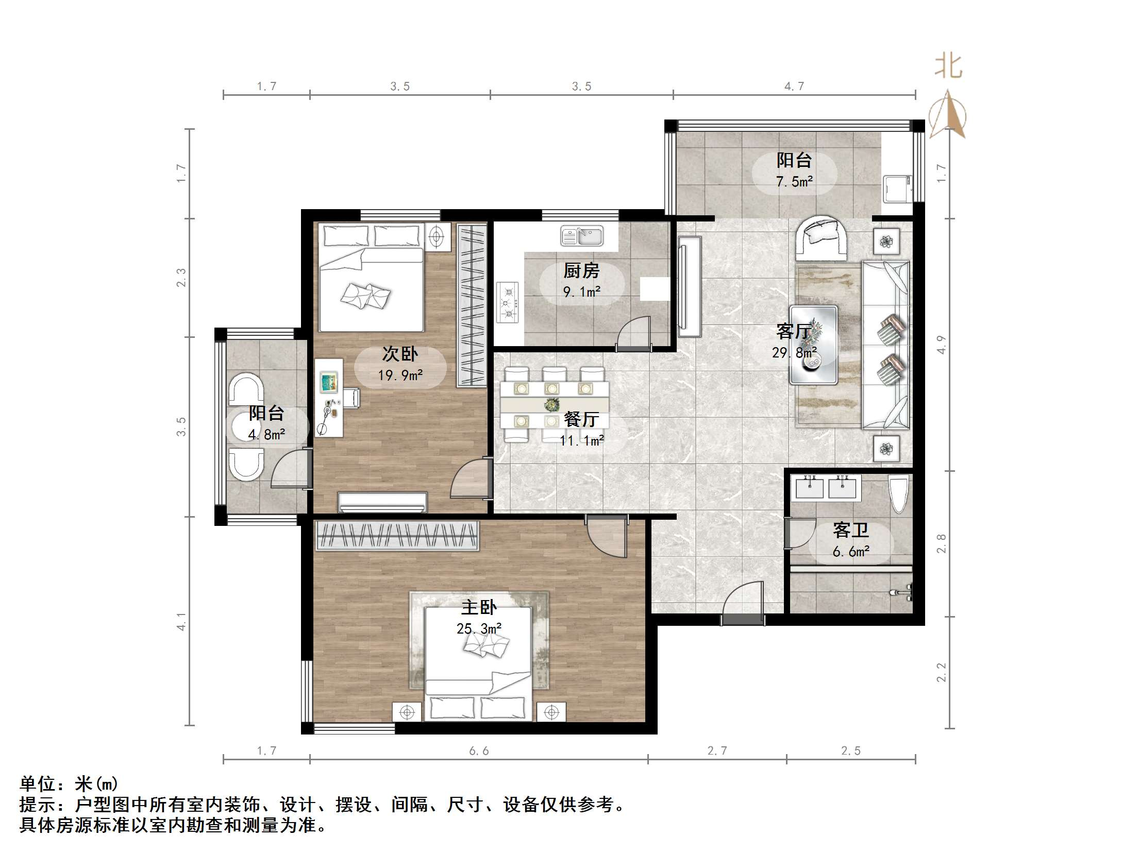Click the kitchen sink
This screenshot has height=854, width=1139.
point(582,236)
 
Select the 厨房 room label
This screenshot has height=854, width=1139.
point(581,271)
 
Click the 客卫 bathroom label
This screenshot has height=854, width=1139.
point(851,530)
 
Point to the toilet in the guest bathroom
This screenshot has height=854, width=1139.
point(898,495)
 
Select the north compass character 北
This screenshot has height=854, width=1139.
point(949,67)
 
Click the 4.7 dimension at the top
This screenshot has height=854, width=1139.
point(794,87)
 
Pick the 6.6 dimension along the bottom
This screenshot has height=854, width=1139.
point(479,751)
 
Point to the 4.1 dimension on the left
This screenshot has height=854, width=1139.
point(181,622)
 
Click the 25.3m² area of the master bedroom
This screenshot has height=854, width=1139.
point(479,629)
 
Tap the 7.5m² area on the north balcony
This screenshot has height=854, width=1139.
point(795,181)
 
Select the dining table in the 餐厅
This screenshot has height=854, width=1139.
point(555,404)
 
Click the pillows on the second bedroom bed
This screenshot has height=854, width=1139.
point(365,295)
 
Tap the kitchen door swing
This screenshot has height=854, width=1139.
point(634,333)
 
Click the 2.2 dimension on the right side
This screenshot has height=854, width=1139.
point(942,672)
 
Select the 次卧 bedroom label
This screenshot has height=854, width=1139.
point(400,354)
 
